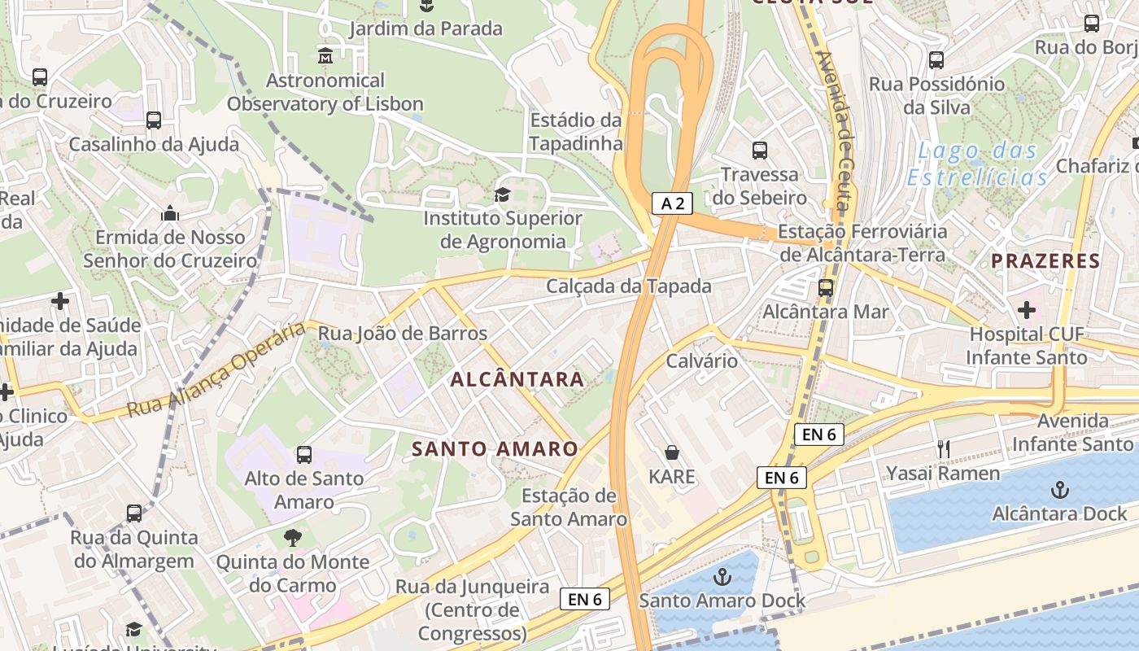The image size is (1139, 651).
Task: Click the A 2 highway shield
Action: point(672,203)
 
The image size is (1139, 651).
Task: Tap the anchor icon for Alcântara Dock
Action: point(1059,489)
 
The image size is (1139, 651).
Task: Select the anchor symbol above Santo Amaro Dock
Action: point(722,577)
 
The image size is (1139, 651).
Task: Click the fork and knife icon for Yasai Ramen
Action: point(943,448)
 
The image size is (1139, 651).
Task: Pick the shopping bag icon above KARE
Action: point(672,452)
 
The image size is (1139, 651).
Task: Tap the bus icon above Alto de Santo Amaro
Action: point(303,454)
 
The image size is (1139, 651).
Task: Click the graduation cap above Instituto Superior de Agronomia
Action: point(502,195)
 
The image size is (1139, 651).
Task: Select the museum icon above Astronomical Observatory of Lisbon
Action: point(325,56)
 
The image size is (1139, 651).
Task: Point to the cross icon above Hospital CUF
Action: point(1026,310)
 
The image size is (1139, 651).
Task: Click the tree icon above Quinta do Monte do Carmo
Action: point(292,538)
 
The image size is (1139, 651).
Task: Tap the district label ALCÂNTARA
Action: point(517,379)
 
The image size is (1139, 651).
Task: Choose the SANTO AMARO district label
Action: point(495,449)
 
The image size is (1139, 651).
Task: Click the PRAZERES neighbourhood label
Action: point(1045,261)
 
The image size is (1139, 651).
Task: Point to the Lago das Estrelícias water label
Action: point(978,164)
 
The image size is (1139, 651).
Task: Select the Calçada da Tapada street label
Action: point(629,286)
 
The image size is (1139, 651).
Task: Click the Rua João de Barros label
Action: point(402,334)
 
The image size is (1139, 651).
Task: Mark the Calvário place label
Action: point(701,360)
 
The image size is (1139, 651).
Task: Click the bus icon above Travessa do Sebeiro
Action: point(759,151)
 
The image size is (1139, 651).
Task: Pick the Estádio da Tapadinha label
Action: point(576,132)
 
